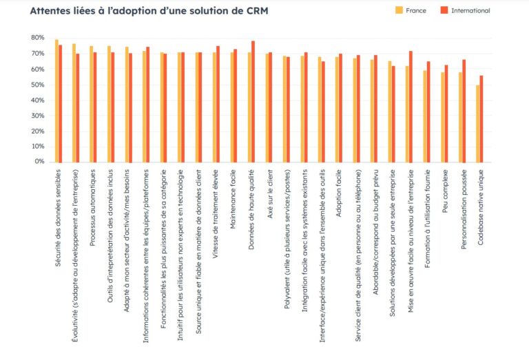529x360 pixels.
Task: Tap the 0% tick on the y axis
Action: (39, 162)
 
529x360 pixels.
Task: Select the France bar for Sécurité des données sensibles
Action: (56, 101)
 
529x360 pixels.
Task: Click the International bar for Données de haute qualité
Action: (253, 101)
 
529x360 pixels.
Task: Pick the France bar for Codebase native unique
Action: (478, 124)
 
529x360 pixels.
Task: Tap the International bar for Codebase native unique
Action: (482, 119)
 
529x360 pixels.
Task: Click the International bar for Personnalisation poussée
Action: (464, 111)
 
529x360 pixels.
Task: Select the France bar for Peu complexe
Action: (443, 117)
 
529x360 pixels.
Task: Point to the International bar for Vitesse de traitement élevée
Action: (218, 104)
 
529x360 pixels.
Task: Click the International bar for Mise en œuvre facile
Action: (411, 107)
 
